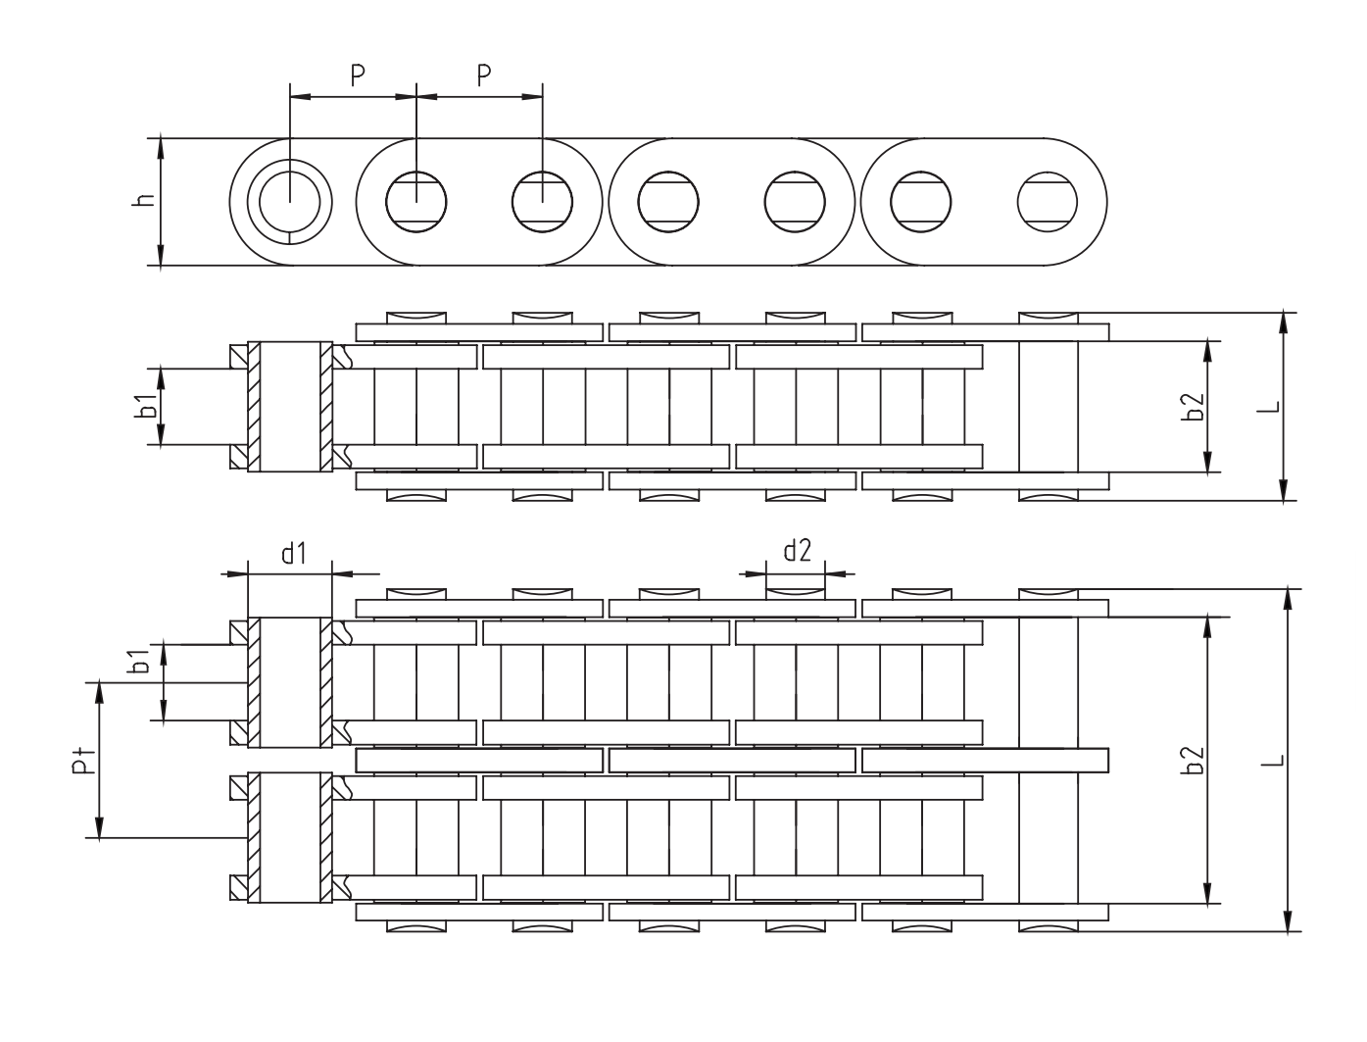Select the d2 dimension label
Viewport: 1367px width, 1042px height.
[797, 550]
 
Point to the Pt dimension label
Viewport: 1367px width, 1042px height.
[84, 759]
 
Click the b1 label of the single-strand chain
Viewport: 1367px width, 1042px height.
[145, 406]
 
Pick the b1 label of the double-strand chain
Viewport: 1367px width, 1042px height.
[140, 663]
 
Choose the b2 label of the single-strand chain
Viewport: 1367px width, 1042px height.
[1194, 406]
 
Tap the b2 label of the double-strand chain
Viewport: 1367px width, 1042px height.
[1194, 760]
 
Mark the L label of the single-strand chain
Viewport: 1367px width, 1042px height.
[1270, 406]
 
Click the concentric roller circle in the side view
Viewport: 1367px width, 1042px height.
[290, 202]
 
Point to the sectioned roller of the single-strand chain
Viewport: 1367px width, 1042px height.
[290, 406]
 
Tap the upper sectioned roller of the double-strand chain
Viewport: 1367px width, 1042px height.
[290, 681]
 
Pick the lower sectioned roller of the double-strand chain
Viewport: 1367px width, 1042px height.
[290, 838]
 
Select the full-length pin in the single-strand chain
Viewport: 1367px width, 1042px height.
[1048, 406]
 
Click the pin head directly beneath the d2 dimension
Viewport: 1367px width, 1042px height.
[795, 593]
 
